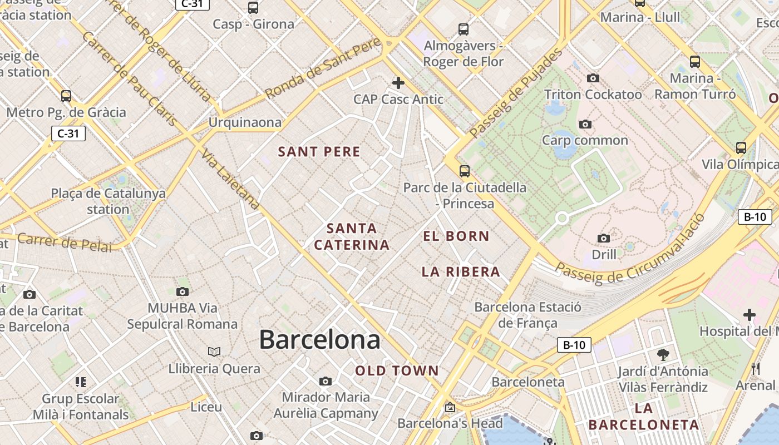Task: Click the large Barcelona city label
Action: point(320,339)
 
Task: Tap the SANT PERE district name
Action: point(319,152)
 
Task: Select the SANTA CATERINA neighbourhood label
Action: point(352,236)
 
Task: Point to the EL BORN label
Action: point(456,236)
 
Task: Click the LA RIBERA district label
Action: point(461,272)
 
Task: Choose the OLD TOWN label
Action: point(397,371)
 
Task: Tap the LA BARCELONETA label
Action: point(643,417)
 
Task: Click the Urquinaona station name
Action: point(245,122)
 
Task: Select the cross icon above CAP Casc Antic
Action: point(398,83)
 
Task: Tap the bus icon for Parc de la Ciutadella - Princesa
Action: point(465,171)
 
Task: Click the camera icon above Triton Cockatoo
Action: point(593,78)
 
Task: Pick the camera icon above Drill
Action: point(604,239)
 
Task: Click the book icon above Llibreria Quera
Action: point(214,352)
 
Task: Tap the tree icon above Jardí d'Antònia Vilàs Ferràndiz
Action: point(663,354)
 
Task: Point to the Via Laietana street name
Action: point(230,179)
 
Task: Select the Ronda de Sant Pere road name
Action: point(322,68)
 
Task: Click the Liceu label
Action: point(206,407)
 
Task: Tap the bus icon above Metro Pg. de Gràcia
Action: point(66,96)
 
